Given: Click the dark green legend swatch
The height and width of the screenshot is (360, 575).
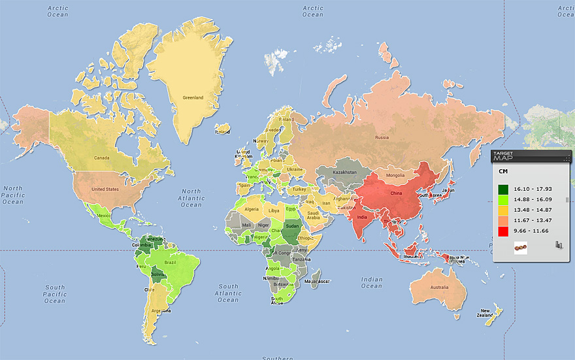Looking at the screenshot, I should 504,189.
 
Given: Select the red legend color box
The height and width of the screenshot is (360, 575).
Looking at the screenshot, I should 504,231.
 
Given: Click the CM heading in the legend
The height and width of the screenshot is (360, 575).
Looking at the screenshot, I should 504,171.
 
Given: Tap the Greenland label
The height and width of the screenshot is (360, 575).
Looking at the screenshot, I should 193,98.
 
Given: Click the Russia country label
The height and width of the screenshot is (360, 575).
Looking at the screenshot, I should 382,138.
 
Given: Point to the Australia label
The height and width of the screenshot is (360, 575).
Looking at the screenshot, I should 439,288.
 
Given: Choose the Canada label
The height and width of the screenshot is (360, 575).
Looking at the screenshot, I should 101,158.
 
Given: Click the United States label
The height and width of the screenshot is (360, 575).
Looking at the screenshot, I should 106,189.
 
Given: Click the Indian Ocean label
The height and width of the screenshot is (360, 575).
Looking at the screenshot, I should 372,282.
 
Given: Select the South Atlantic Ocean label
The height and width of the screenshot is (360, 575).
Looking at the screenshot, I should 228,293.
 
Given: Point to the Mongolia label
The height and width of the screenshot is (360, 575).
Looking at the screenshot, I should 395,176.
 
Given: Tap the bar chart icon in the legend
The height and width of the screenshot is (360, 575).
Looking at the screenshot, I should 558,246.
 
